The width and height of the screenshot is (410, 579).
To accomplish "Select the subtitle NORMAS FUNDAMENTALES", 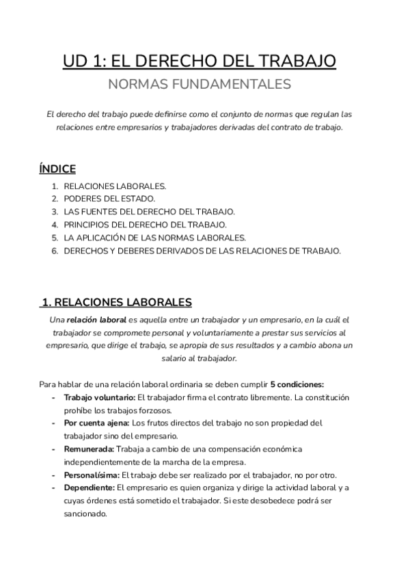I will coord(199,85).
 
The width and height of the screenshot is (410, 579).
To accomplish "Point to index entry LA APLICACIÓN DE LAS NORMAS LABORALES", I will coord(154,237).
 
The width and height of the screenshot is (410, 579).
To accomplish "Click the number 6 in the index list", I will coord(54,251).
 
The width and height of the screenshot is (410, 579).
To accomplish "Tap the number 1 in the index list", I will coord(54,186).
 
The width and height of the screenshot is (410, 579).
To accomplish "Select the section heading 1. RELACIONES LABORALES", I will coord(116,302).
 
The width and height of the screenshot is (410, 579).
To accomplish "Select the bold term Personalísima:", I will coord(91,475).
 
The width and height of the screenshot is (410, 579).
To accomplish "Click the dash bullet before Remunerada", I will coord(54,449).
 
